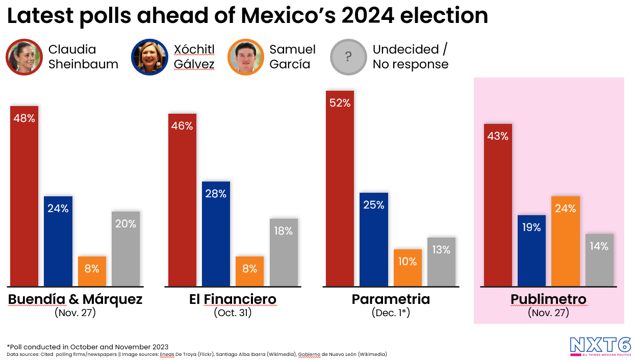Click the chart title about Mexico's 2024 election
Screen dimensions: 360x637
point(247,16)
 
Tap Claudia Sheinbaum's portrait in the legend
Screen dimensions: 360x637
point(24,57)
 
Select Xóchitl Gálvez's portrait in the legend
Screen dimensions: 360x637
point(149,57)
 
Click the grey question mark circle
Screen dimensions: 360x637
point(348,57)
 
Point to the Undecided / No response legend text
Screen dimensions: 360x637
point(411,57)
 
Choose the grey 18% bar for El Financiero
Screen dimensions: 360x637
point(284,252)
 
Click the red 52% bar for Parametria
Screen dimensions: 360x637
point(340,189)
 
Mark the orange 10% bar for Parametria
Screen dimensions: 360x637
point(407,268)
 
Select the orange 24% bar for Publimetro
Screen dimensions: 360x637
point(565,241)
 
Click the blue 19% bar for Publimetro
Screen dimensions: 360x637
point(531,250)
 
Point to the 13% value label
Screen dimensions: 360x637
point(441,250)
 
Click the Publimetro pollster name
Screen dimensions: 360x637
point(548,299)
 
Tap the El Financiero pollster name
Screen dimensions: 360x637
point(233,299)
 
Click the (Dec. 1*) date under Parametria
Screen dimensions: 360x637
point(391,313)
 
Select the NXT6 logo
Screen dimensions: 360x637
point(600,346)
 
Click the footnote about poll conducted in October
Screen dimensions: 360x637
point(88,347)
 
